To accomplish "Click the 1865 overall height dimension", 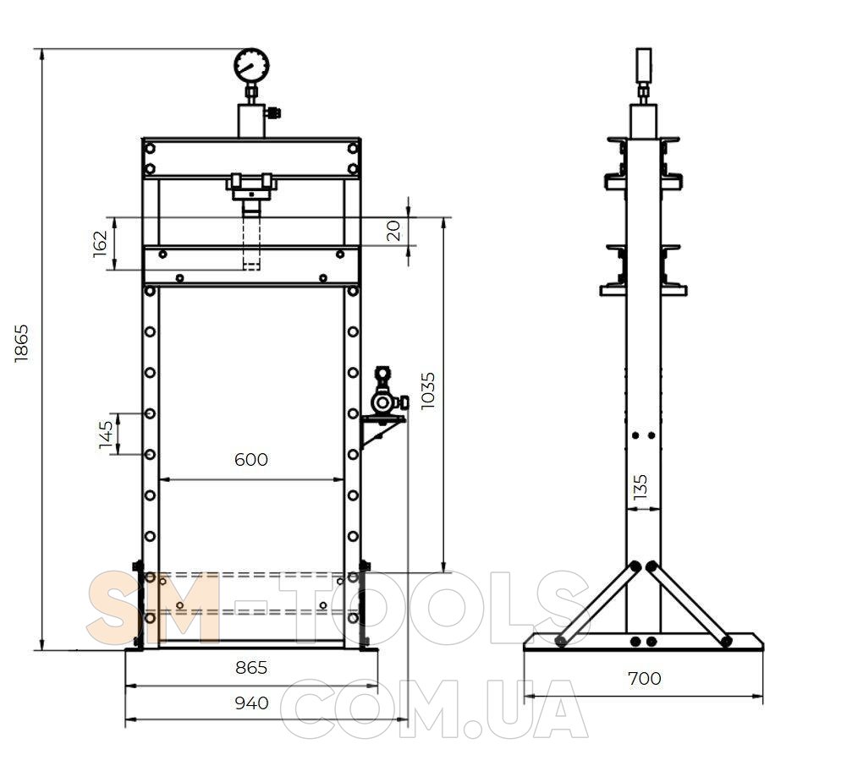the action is click(22, 343).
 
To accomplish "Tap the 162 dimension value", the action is click(101, 243).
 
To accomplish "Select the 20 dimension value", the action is click(395, 230).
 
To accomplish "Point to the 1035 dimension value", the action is click(428, 391).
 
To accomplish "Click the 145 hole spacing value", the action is click(107, 435).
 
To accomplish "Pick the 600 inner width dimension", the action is click(251, 460).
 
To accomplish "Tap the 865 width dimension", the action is click(251, 667).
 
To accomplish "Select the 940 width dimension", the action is click(251, 703).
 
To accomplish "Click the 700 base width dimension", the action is click(645, 678).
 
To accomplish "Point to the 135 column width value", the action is click(640, 487).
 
